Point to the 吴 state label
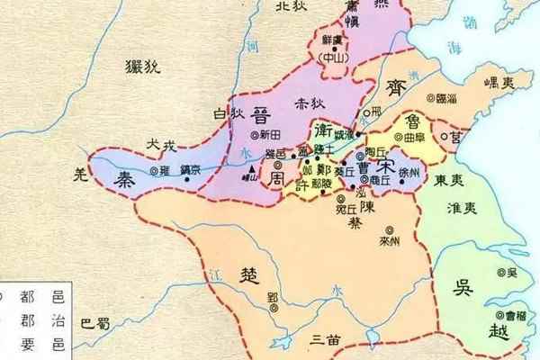[x=463, y=288]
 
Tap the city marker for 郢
[x=286, y=300]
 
